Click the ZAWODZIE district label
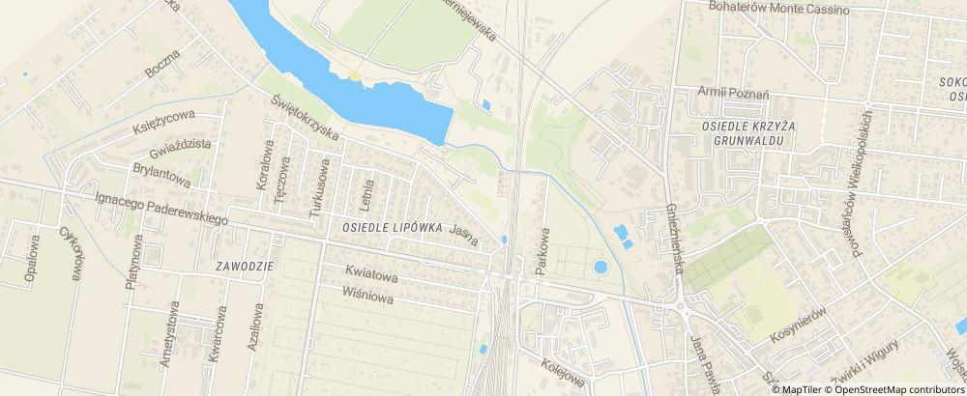(246, 266)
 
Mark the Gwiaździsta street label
(181, 148)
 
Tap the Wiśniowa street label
(367, 295)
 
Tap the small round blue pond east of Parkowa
(601, 267)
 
